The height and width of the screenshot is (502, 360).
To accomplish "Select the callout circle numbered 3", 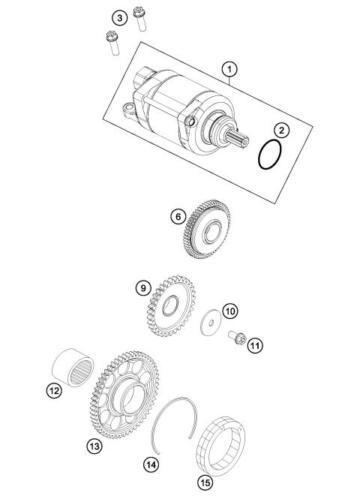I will click(x=118, y=17).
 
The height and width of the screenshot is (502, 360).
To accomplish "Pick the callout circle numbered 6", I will click(x=177, y=216).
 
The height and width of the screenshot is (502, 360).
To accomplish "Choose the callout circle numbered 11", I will click(x=255, y=346).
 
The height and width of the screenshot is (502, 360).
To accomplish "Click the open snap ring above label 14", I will click(x=175, y=420).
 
